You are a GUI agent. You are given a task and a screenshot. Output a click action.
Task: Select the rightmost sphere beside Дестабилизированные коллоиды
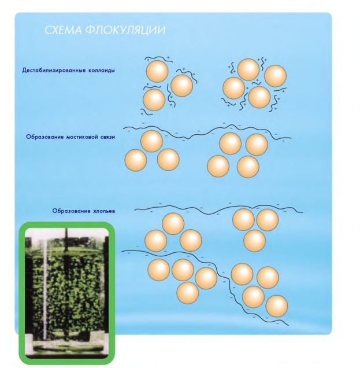click(x=275, y=76)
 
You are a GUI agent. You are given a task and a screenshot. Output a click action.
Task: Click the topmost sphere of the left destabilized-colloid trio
click(x=157, y=71)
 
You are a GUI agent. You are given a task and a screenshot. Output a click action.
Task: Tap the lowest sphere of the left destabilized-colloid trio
click(x=154, y=100)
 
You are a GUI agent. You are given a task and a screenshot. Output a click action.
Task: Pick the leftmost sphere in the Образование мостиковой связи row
click(x=136, y=160)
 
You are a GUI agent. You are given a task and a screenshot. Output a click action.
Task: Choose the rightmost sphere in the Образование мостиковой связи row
click(x=257, y=144)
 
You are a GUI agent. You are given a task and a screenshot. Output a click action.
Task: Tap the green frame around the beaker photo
click(x=21, y=289)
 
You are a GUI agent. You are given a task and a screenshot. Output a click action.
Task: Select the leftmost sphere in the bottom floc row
click(x=158, y=269)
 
